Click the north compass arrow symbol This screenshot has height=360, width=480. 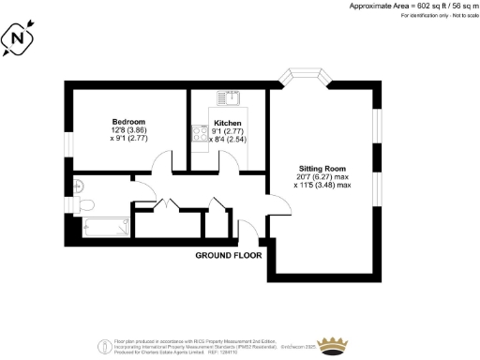(x=21, y=39)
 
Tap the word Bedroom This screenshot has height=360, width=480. (x=128, y=123)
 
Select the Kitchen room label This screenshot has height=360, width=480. (x=229, y=124)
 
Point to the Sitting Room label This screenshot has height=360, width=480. (x=319, y=167)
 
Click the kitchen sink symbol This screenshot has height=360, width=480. (x=228, y=97)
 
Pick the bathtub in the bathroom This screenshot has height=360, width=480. (x=105, y=226)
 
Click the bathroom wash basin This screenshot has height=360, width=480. (x=81, y=185)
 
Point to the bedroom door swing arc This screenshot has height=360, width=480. (x=161, y=166)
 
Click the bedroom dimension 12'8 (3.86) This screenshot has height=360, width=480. (x=128, y=132)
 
